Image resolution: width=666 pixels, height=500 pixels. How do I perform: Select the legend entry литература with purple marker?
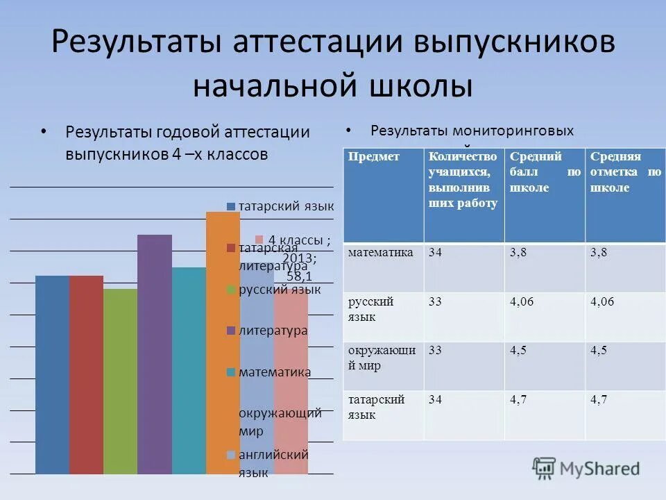[273, 331]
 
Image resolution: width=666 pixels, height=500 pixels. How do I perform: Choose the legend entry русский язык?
[280, 290]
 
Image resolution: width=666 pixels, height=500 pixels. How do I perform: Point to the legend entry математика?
[275, 372]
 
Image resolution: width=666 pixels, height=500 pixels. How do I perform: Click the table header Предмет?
[374, 157]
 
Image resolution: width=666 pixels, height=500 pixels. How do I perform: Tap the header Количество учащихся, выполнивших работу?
[463, 180]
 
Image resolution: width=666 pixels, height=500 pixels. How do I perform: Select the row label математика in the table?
[381, 252]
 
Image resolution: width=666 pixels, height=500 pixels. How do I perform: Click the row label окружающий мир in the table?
[382, 358]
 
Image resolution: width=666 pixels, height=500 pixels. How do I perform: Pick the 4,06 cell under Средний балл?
[523, 301]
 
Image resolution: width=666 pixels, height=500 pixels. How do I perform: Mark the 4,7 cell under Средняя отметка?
[599, 399]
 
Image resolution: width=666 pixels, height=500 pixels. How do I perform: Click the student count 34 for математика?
[436, 252]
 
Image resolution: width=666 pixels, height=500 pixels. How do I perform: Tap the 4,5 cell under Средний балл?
[518, 350]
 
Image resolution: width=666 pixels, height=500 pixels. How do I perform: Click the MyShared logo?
[586, 468]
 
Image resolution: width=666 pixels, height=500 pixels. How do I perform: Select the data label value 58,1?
[299, 276]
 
